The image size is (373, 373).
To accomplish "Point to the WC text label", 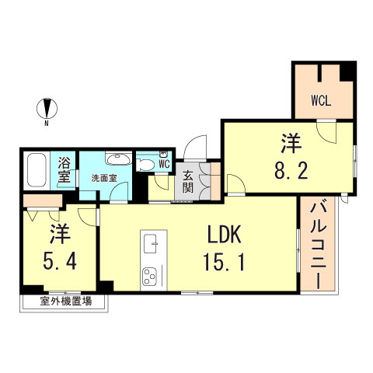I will pyautogui.click(x=164, y=164).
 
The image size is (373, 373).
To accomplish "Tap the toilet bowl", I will pyautogui.click(x=145, y=163).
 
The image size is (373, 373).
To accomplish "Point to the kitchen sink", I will pyautogui.click(x=149, y=242).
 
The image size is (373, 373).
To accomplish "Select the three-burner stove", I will pyautogui.click(x=148, y=274).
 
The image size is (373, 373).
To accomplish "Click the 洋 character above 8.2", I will pyautogui.click(x=291, y=142).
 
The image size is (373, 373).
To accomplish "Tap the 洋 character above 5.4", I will pyautogui.click(x=58, y=232).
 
